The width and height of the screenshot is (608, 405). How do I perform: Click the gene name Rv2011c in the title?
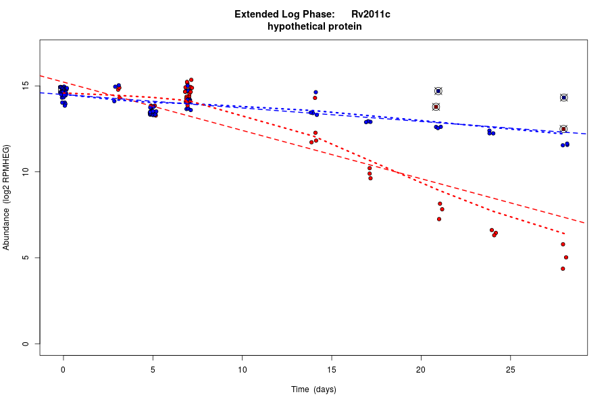(370, 14)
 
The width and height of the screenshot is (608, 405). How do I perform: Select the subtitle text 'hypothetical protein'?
(315, 27)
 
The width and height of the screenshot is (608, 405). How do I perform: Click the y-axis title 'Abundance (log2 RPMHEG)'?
(7, 197)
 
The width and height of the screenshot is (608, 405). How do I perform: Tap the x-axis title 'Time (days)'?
(313, 389)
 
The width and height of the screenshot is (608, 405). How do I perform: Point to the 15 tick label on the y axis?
(25, 86)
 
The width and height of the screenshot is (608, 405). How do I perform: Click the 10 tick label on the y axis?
(25, 172)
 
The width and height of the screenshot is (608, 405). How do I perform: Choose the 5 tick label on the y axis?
(25, 258)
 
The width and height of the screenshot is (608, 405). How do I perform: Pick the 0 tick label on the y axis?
(25, 344)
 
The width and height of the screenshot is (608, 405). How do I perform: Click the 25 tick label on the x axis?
(511, 370)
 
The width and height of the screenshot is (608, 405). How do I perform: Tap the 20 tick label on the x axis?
(421, 370)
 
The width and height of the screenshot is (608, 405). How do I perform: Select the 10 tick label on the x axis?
(242, 370)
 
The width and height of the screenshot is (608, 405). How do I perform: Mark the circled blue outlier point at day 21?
(438, 91)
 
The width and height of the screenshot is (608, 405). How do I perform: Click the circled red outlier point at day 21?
(436, 107)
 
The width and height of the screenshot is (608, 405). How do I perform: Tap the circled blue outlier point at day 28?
(563, 98)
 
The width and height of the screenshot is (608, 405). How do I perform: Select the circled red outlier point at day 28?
(563, 129)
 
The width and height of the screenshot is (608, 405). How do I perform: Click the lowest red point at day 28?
(563, 269)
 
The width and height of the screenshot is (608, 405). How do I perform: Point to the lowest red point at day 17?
(370, 178)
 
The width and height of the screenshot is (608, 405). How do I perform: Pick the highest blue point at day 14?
(315, 92)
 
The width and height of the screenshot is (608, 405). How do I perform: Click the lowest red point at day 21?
(439, 219)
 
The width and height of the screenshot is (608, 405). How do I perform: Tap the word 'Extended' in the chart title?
(254, 14)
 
